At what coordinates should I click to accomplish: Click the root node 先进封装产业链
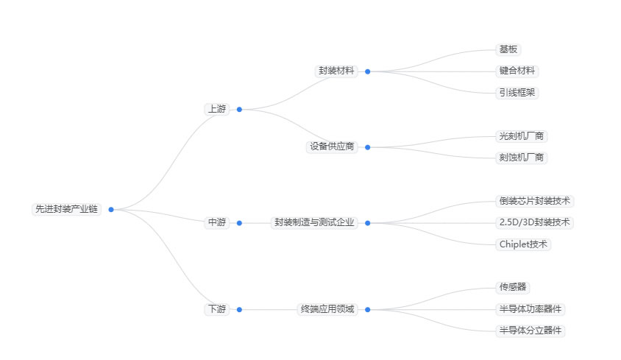(x=66, y=209)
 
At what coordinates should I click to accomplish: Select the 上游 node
(x=217, y=109)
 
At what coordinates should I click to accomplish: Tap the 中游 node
(x=217, y=222)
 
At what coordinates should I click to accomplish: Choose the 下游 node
(x=217, y=309)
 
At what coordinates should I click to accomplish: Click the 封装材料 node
(x=336, y=71)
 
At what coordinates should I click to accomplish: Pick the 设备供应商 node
(x=332, y=147)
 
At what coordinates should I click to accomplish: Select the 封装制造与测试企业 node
(x=314, y=222)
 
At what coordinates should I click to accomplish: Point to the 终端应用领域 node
(x=327, y=309)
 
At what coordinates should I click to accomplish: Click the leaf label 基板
(x=508, y=49)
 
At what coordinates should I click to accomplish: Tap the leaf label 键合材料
(x=518, y=71)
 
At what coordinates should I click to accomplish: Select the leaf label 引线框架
(x=518, y=93)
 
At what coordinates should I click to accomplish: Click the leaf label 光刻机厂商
(x=522, y=136)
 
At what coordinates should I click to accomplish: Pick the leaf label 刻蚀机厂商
(x=522, y=158)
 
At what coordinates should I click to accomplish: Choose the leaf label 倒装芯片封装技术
(x=535, y=201)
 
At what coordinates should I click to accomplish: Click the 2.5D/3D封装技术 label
(x=535, y=222)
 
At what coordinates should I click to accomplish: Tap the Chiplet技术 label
(x=523, y=244)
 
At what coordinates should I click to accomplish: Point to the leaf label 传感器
(x=513, y=287)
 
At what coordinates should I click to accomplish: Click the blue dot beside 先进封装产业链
(x=111, y=209)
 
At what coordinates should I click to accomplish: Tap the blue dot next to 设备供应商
(x=368, y=147)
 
